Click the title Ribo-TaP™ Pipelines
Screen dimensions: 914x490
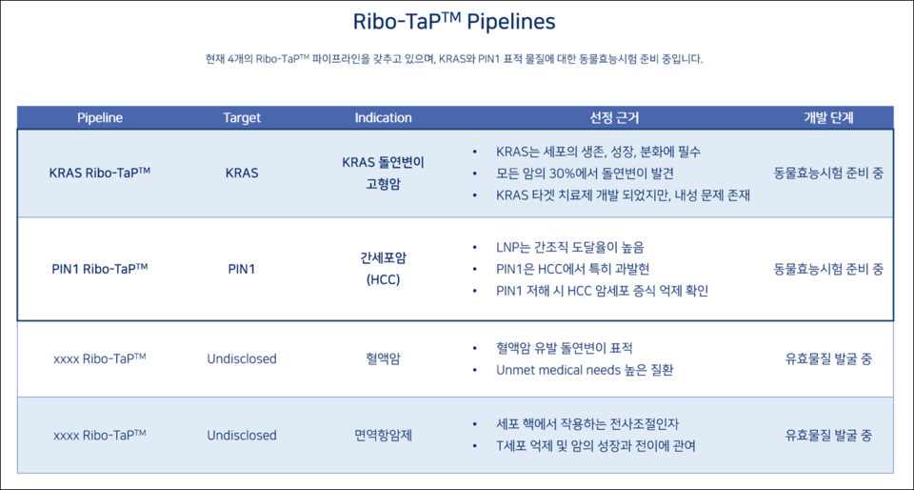pos(454,22)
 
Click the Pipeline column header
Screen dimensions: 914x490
pos(100,118)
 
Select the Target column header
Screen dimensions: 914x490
pos(242,118)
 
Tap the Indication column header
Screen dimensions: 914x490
pos(383,118)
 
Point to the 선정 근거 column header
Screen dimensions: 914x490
pos(614,118)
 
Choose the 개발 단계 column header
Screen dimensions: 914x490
pos(828,118)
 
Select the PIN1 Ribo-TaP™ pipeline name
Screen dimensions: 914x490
pos(99,269)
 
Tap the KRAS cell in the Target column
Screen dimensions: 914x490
pos(242,174)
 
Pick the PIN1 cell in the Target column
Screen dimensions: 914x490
pos(242,270)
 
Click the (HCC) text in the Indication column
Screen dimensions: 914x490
pos(383,280)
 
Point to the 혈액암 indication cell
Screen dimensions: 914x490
pos(383,359)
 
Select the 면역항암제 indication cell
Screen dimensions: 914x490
pos(383,436)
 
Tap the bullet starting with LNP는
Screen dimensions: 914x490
pos(570,247)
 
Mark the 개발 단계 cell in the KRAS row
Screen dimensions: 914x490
pos(828,174)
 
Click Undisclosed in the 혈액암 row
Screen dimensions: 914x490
pos(242,359)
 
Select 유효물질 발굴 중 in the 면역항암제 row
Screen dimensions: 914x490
pos(828,436)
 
